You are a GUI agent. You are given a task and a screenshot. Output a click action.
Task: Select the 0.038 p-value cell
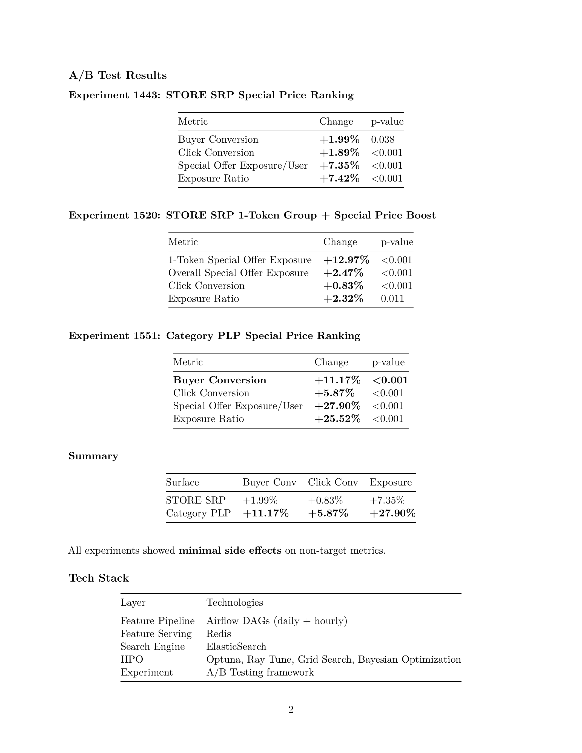pyautogui.click(x=382, y=140)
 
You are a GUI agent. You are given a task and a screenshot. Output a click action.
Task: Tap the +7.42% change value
pyautogui.click(x=339, y=179)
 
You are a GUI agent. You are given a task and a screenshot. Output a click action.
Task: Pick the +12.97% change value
pyautogui.click(x=346, y=260)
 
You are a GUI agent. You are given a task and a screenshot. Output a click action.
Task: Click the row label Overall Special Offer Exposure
pyautogui.click(x=238, y=273)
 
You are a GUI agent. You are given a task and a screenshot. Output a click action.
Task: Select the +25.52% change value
pyautogui.click(x=337, y=419)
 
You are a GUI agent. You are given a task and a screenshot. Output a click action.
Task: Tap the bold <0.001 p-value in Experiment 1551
pyautogui.click(x=390, y=380)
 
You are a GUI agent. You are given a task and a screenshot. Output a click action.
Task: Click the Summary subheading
pyautogui.click(x=93, y=456)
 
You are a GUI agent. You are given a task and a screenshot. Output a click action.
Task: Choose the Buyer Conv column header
pyautogui.click(x=269, y=482)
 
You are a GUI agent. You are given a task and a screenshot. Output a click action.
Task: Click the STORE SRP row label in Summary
pyautogui.click(x=196, y=500)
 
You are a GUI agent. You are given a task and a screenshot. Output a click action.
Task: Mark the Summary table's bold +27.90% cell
pyautogui.click(x=392, y=513)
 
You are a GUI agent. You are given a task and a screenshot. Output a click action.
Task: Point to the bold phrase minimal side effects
pyautogui.click(x=230, y=551)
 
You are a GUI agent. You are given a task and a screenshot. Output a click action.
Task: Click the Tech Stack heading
pyautogui.click(x=99, y=578)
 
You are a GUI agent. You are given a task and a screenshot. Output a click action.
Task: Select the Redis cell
pyautogui.click(x=219, y=634)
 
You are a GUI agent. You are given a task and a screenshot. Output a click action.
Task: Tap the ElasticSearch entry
pyautogui.click(x=236, y=646)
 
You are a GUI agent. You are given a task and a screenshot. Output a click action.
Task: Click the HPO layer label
pyautogui.click(x=132, y=660)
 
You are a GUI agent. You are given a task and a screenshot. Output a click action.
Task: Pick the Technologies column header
pyautogui.click(x=234, y=603)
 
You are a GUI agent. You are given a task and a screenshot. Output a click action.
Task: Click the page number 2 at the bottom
pyautogui.click(x=291, y=710)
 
